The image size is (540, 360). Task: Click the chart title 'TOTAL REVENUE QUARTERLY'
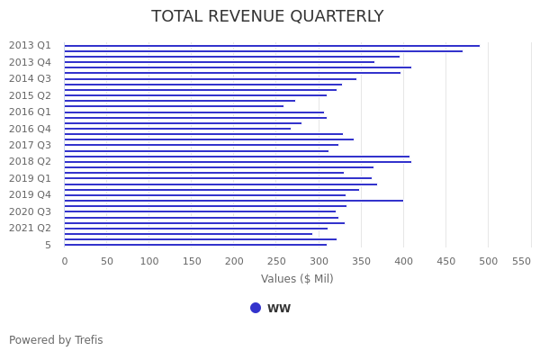[267, 17]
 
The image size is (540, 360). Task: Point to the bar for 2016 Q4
[177, 129]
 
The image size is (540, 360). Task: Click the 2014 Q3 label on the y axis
[30, 79]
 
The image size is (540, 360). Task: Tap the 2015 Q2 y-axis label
[30, 95]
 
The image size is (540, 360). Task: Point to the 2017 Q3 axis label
[30, 145]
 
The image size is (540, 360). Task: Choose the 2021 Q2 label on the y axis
[30, 228]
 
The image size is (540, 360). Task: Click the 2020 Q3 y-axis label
[30, 211]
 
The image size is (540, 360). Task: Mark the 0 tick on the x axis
[64, 261]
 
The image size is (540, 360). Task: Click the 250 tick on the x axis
[234, 261]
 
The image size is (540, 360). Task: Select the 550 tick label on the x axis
[522, 261]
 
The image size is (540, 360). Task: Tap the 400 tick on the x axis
[403, 261]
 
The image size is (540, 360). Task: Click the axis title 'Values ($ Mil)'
[297, 279]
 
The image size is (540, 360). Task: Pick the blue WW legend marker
[256, 308]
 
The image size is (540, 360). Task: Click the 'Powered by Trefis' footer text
[56, 340]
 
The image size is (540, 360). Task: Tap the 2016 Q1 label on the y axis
[30, 112]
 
